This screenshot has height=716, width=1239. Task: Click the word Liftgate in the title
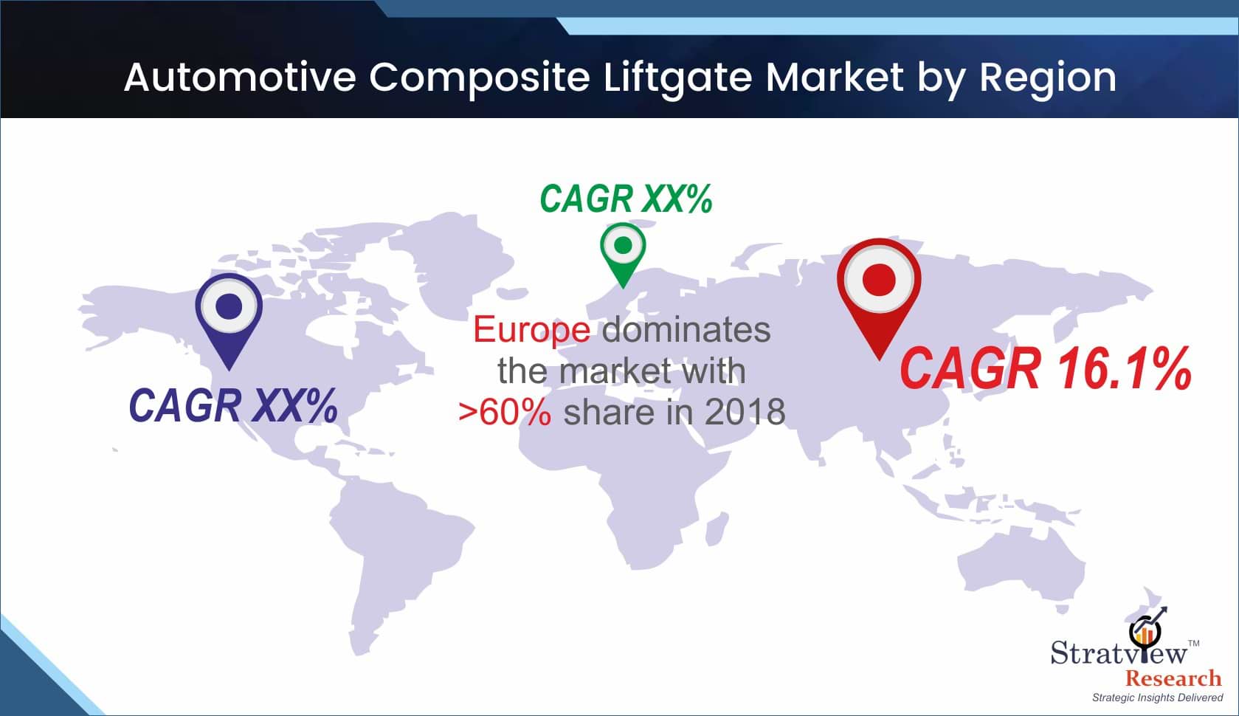[677, 78]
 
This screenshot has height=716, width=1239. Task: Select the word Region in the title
[1048, 79]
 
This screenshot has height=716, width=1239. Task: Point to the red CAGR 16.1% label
[1046, 368]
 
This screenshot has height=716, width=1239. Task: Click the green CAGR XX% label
[626, 199]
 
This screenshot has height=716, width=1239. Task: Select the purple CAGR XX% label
[233, 405]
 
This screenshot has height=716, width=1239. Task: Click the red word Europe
[531, 331]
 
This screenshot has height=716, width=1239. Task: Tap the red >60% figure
[505, 412]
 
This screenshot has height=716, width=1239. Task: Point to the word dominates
[686, 330]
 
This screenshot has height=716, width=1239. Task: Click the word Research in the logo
[1173, 678]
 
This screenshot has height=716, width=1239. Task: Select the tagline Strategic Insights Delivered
[1157, 698]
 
